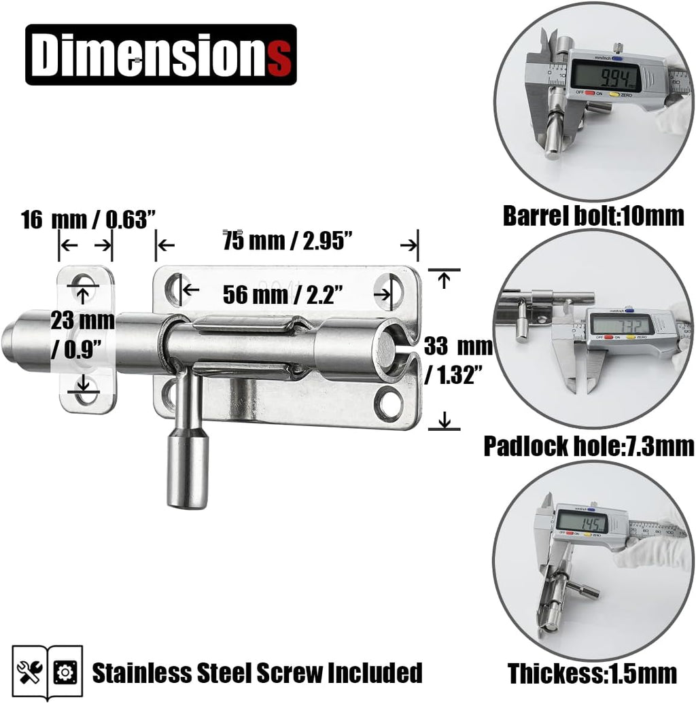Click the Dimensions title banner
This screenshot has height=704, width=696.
tap(161, 55)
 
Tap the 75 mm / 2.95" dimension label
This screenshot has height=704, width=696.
tap(288, 241)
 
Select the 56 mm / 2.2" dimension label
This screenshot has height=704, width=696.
tap(283, 295)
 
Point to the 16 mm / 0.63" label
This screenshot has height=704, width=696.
tap(88, 220)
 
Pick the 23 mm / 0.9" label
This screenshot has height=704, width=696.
tap(82, 335)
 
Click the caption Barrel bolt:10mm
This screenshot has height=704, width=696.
tap(593, 216)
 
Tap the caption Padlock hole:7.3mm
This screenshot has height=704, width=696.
tap(589, 446)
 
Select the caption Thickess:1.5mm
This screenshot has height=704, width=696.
tap(592, 674)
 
